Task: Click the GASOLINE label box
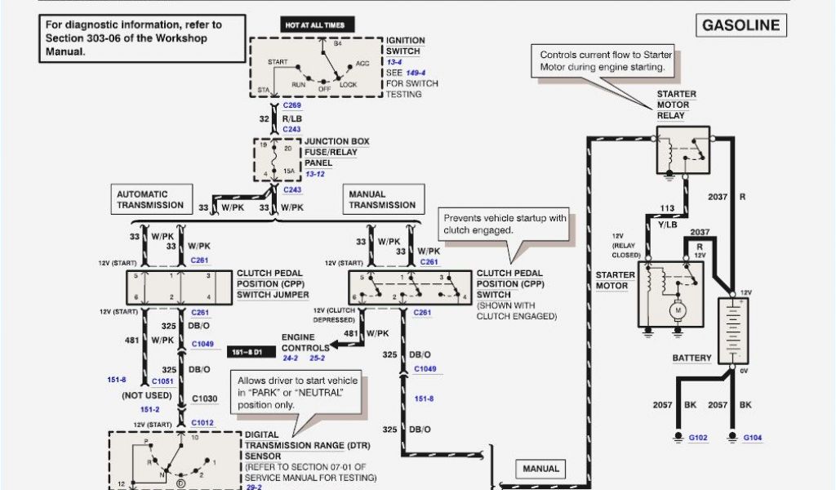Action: click(741, 25)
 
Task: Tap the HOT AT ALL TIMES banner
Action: click(314, 25)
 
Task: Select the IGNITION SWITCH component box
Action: click(315, 68)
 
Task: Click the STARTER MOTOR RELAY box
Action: click(683, 150)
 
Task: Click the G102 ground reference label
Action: click(698, 438)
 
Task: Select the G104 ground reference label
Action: click(752, 438)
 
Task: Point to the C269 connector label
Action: click(292, 106)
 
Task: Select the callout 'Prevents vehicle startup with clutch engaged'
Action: click(504, 224)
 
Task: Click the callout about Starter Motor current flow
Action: click(603, 60)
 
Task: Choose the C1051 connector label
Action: click(162, 381)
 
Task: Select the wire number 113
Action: click(666, 207)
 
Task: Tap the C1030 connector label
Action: click(205, 398)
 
